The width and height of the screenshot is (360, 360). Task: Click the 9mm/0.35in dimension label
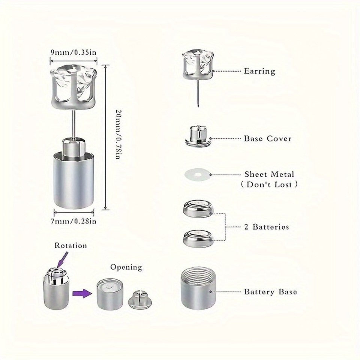(x=74, y=52)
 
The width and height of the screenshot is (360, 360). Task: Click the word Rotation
(x=70, y=246)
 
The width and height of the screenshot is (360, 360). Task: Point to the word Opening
(x=126, y=267)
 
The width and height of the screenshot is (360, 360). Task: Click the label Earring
(x=259, y=71)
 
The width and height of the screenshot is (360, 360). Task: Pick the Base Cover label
(x=268, y=139)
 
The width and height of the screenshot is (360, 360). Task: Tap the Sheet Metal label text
(x=269, y=174)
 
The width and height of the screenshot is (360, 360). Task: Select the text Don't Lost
(x=270, y=184)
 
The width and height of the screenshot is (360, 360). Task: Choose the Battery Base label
(x=270, y=292)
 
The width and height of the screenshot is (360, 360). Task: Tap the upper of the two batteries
(x=198, y=208)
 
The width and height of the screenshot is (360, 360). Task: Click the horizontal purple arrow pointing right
(x=82, y=292)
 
